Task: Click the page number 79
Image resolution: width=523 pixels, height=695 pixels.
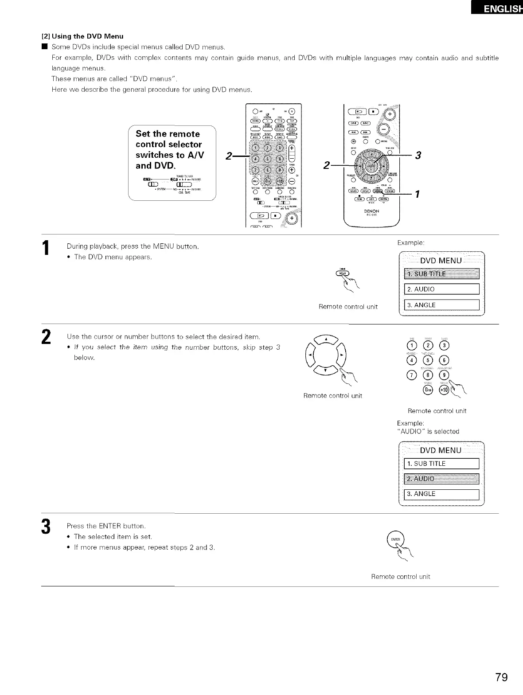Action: pyautogui.click(x=502, y=677)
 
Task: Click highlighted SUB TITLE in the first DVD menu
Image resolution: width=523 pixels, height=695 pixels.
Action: pyautogui.click(x=441, y=273)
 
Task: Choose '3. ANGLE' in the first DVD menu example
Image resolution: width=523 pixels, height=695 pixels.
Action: pyautogui.click(x=441, y=305)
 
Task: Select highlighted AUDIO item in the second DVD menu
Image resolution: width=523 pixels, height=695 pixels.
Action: pyautogui.click(x=441, y=479)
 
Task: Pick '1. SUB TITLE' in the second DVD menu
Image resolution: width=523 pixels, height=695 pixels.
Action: pyautogui.click(x=441, y=464)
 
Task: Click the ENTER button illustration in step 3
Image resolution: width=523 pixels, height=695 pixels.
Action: pyautogui.click(x=394, y=539)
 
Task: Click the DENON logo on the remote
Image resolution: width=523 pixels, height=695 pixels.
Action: pyautogui.click(x=371, y=211)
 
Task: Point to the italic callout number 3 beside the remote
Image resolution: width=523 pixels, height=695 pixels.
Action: pyautogui.click(x=417, y=155)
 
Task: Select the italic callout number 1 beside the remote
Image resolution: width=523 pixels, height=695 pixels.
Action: pyautogui.click(x=417, y=194)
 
